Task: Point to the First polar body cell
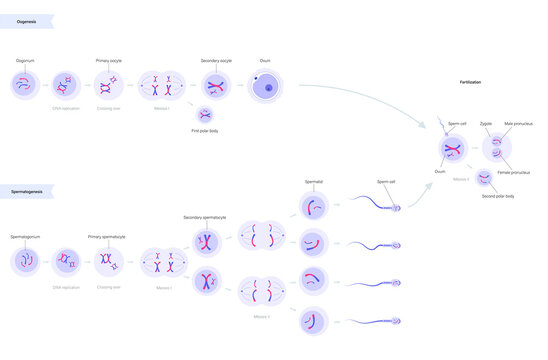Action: [206, 114]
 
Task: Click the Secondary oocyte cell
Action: [213, 86]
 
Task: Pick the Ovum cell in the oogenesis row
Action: [266, 88]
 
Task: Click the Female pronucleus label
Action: [518, 173]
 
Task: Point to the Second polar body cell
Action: [485, 178]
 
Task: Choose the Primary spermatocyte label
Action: [107, 237]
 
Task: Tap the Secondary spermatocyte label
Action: [205, 217]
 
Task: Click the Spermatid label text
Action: [314, 182]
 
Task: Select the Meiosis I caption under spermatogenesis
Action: [162, 287]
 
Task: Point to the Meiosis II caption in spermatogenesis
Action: [261, 316]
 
